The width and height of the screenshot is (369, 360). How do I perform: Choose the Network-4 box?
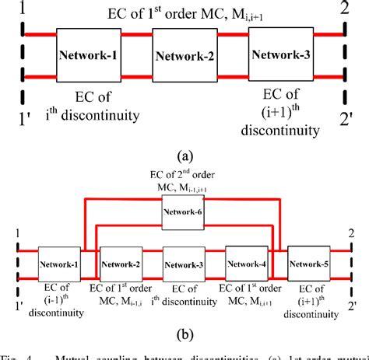tap(246, 265)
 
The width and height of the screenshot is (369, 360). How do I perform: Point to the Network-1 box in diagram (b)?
tap(60, 265)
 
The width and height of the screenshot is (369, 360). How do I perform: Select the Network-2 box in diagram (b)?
tap(121, 265)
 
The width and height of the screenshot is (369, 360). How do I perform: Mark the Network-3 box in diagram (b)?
tap(184, 265)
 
